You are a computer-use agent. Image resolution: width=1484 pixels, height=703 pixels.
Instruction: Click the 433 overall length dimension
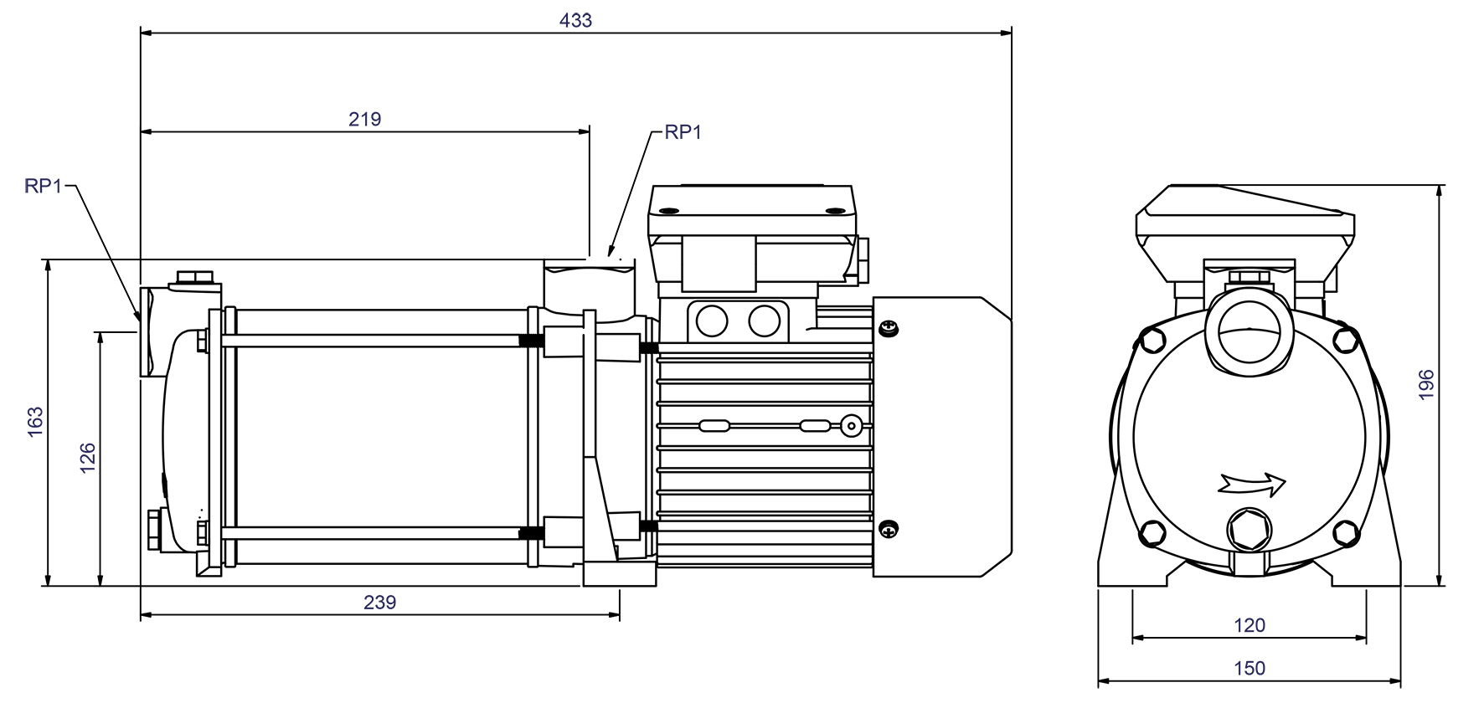point(575,20)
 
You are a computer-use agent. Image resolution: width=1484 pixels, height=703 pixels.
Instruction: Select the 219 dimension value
point(365,119)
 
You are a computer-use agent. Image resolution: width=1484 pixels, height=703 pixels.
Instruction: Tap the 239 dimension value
point(379,602)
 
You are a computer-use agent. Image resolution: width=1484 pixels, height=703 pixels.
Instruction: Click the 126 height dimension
point(87,459)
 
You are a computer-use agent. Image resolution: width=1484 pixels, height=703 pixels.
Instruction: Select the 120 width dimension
point(1250,624)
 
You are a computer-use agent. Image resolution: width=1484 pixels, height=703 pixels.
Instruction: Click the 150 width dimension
point(1250,668)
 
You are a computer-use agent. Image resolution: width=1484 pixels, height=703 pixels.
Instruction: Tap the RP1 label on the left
point(44,187)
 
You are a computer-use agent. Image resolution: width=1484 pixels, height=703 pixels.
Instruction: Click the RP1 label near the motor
point(683,132)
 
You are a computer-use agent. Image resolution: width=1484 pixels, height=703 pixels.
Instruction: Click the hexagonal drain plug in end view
point(1248,530)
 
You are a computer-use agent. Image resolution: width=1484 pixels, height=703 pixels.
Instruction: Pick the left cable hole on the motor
point(713,320)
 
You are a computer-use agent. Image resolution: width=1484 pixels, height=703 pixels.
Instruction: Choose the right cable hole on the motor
point(764,320)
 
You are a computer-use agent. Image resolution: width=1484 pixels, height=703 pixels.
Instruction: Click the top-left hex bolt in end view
point(1153,339)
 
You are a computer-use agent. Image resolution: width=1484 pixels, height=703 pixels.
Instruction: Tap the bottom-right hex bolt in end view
point(1345,531)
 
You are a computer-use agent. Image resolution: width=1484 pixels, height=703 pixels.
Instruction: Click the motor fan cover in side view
point(942,435)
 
